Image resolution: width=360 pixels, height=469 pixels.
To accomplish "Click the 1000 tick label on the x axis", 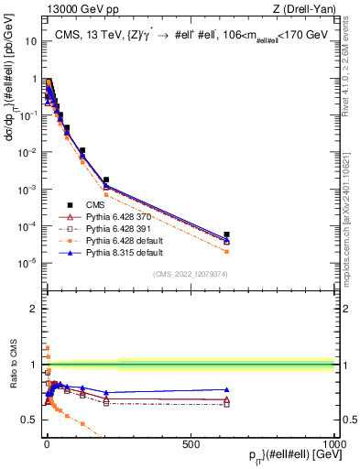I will tap(333, 442).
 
